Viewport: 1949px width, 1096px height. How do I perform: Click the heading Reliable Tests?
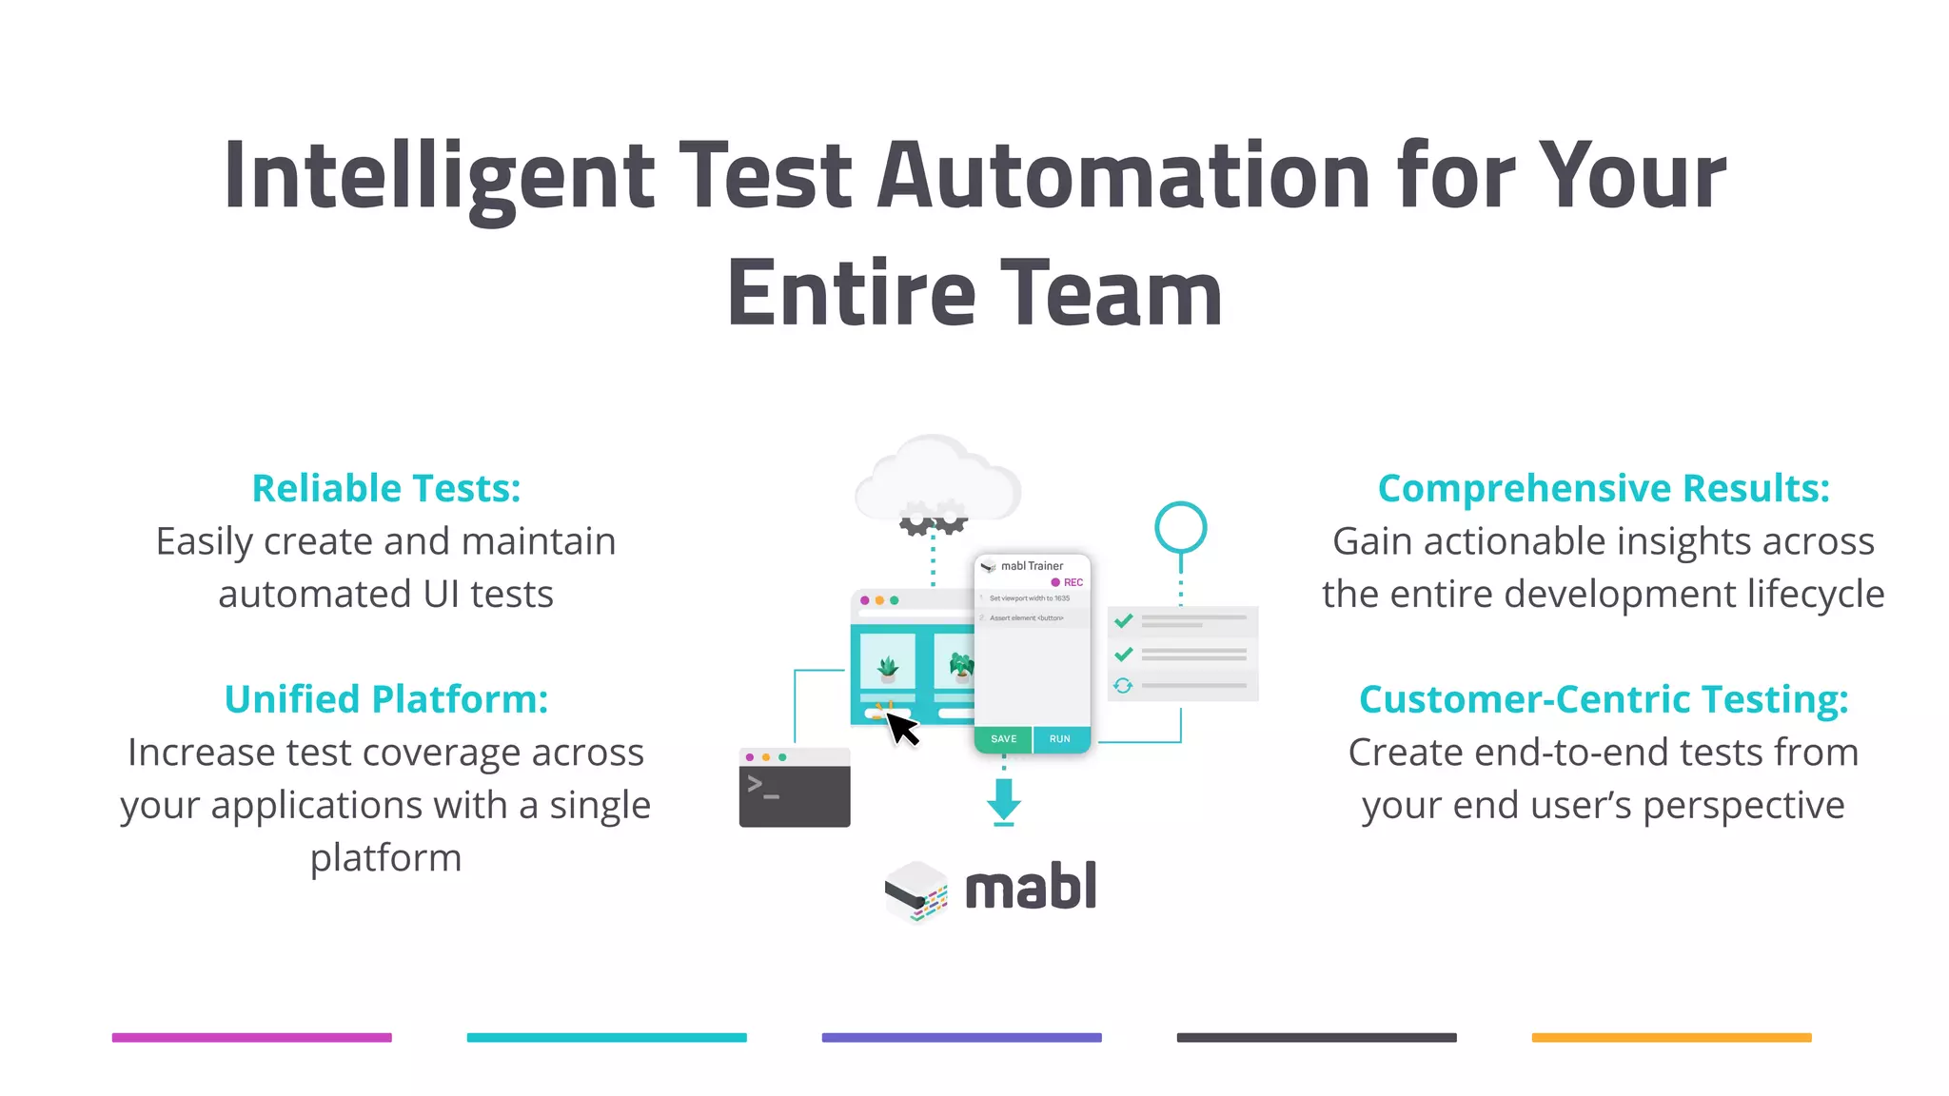click(386, 488)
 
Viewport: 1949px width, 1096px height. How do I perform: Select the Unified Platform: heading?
click(386, 699)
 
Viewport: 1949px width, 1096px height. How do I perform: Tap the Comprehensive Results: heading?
click(1604, 488)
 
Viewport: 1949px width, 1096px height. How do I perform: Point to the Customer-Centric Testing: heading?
click(1604, 699)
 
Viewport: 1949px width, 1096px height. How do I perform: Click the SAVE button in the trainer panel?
click(1003, 739)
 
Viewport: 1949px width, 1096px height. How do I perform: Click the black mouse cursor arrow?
click(901, 730)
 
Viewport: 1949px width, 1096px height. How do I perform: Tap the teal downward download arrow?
click(1004, 800)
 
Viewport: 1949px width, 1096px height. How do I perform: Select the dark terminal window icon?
click(795, 788)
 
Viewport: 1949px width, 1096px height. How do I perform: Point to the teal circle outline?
click(1181, 527)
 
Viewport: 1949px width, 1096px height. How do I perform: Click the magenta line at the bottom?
click(252, 1037)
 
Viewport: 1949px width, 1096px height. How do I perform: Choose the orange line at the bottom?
click(1671, 1037)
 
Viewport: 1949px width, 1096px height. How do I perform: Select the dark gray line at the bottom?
click(1316, 1037)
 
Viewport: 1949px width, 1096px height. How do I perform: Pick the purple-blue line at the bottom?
click(961, 1037)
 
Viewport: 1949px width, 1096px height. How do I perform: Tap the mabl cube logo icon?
click(915, 890)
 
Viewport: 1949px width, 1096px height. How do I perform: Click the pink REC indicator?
click(1067, 582)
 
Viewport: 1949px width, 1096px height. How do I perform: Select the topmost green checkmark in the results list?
click(1124, 621)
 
